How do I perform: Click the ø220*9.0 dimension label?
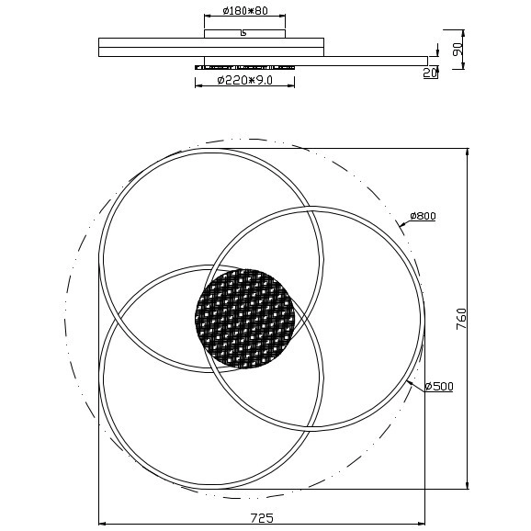(x=245, y=81)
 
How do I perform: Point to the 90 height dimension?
(x=457, y=49)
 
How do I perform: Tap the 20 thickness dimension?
(x=429, y=73)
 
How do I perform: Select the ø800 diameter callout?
(x=422, y=216)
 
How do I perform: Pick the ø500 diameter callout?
(x=439, y=387)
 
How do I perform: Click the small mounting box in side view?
(x=243, y=33)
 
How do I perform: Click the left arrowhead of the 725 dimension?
(x=101, y=524)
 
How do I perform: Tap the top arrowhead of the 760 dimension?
(x=468, y=150)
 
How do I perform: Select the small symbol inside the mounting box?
(x=243, y=34)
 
